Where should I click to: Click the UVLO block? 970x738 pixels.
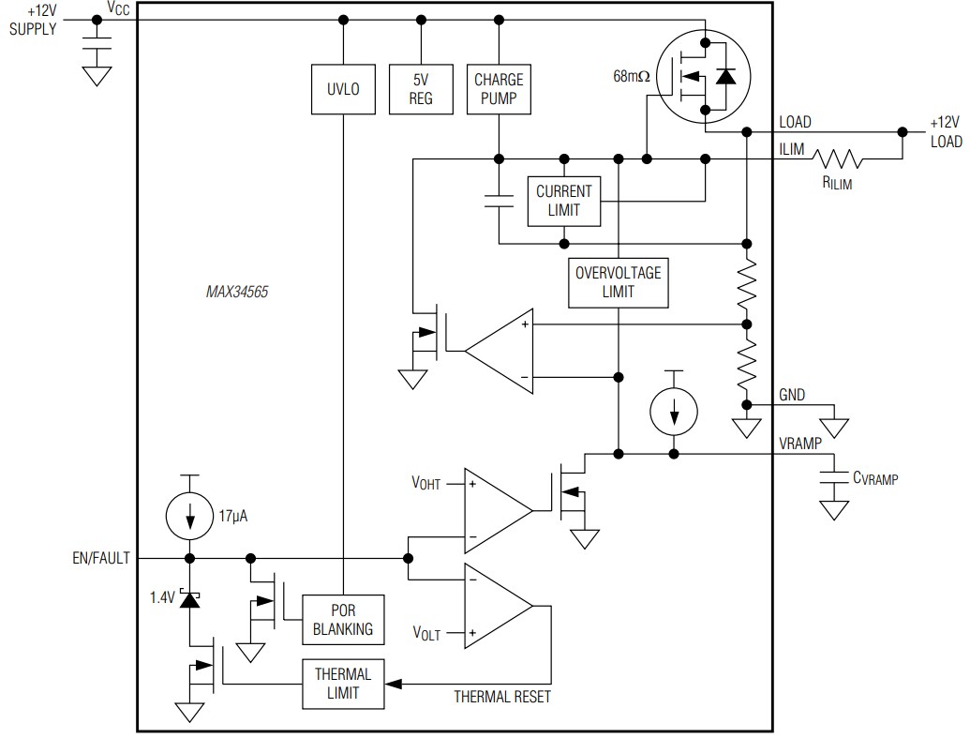coord(344,89)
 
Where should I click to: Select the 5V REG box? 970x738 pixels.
coord(421,89)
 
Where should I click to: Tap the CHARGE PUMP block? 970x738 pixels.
coord(498,89)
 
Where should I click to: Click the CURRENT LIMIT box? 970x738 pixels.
coord(564,201)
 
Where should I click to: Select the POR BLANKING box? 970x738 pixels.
coord(343,619)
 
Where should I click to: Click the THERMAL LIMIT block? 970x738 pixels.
coord(343,684)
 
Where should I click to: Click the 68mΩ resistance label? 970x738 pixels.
coord(630,76)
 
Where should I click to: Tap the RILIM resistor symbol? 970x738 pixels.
coord(837,159)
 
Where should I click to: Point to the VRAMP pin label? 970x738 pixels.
coord(801,442)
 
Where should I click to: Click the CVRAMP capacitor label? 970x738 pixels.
coord(874,479)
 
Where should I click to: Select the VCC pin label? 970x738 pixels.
coord(119,8)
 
